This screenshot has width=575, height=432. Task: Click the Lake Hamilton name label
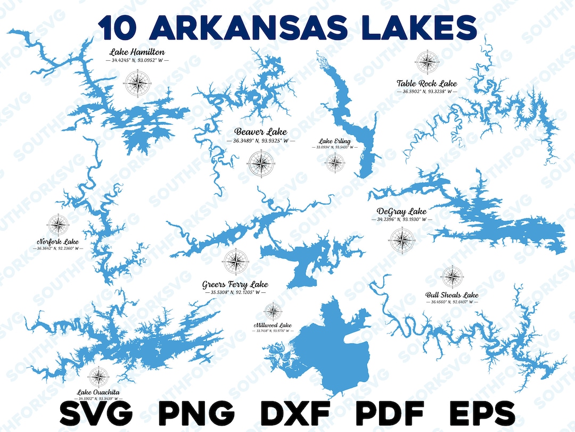137,52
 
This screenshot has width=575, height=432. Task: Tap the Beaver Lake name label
260,132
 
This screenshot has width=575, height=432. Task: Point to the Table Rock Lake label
426,83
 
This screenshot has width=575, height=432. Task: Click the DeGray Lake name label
401,211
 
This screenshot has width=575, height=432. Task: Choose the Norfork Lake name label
57,241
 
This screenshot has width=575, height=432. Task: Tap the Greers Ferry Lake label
235,284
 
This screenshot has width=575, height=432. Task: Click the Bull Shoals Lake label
451,294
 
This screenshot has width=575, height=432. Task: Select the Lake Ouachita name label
98,392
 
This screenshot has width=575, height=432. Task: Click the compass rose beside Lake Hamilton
137,83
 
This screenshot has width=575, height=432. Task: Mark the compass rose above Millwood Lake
273,310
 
